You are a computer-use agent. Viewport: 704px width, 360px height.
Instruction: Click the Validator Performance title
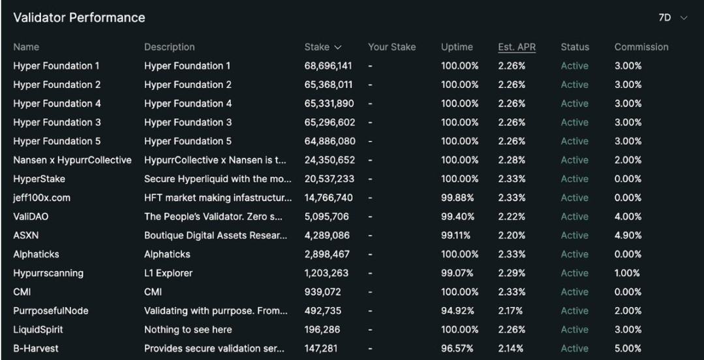click(79, 18)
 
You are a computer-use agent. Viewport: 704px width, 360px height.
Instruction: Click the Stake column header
click(323, 47)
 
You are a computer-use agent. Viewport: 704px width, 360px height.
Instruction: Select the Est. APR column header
click(516, 47)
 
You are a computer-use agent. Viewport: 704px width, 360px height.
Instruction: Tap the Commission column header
click(641, 47)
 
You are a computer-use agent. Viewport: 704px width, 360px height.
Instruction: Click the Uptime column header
click(457, 47)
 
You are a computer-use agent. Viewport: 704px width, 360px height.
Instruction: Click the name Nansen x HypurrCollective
click(72, 160)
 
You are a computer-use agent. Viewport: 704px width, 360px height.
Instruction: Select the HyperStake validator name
click(39, 179)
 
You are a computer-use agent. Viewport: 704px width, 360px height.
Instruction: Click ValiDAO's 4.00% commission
click(628, 217)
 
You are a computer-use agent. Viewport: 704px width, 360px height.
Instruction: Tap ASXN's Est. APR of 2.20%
click(510, 235)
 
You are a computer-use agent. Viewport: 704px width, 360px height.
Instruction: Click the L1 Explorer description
click(168, 273)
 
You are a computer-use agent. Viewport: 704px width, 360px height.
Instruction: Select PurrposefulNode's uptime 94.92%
click(457, 311)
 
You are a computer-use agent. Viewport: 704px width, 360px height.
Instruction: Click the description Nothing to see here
click(188, 330)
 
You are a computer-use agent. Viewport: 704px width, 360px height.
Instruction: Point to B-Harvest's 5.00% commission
click(628, 349)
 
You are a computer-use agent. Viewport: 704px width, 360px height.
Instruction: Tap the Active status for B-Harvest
click(574, 349)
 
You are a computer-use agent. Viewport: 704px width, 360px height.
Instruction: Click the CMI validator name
click(22, 292)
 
